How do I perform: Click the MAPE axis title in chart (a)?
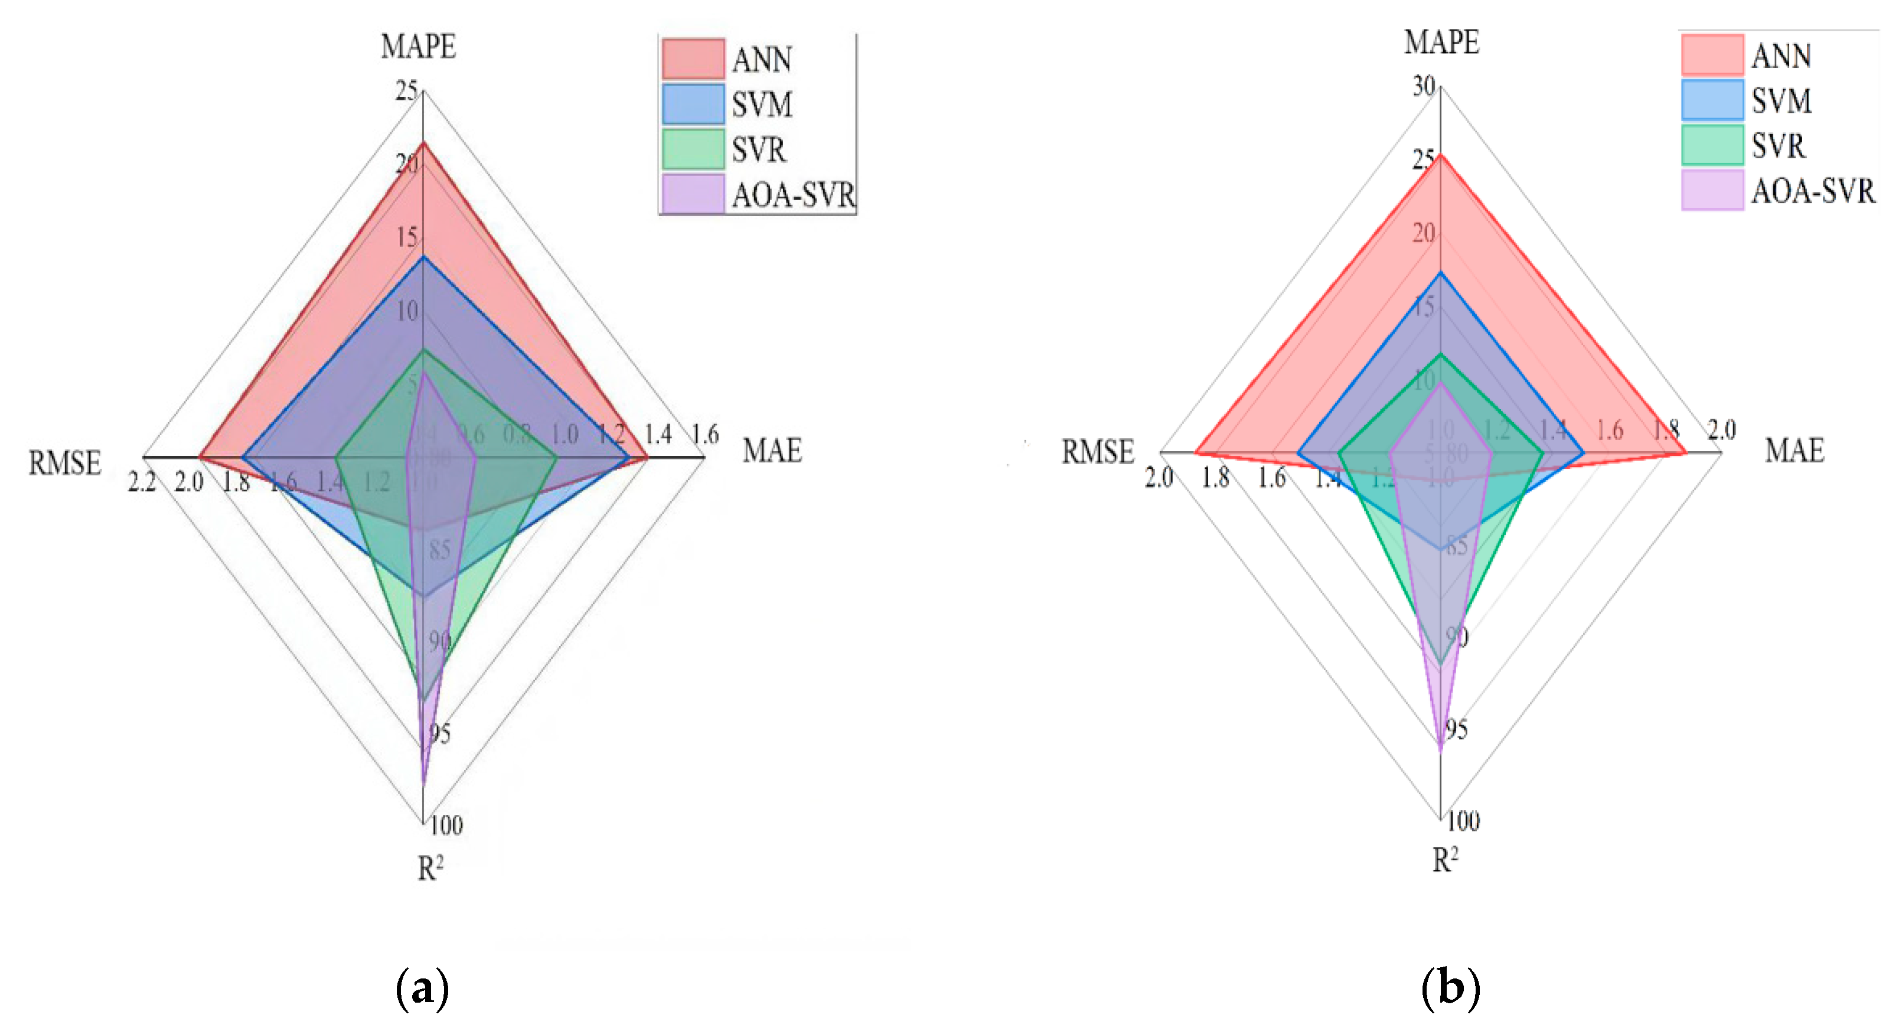[x=418, y=47]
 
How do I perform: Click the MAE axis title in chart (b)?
[x=1793, y=450]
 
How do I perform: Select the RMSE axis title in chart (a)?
[x=64, y=463]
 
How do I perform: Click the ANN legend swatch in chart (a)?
[x=693, y=59]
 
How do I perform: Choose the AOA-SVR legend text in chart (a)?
[x=793, y=195]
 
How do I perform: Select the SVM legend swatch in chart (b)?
[x=1711, y=100]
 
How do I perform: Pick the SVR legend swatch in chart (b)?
[x=1711, y=145]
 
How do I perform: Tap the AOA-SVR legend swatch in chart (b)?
[x=1711, y=191]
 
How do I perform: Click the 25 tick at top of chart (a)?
[x=406, y=91]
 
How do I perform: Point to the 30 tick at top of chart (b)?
[x=1424, y=86]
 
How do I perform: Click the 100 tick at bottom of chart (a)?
[x=446, y=824]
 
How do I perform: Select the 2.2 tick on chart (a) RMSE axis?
[x=141, y=482]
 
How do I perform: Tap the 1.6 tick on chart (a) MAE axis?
[x=705, y=434]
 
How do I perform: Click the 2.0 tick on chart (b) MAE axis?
[x=1721, y=430]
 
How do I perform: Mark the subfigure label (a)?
[x=422, y=988]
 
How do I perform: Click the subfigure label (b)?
[x=1450, y=988]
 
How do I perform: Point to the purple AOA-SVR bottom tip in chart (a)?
[x=423, y=781]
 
